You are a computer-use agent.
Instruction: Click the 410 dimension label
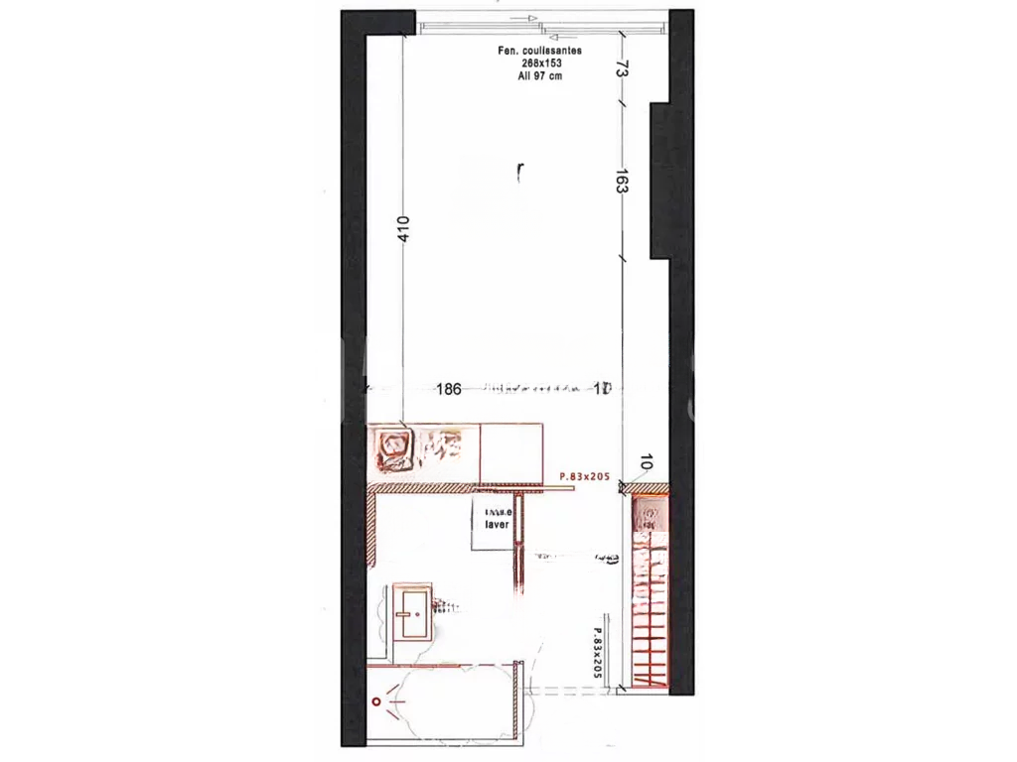click(x=403, y=229)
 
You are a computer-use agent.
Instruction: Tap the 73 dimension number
click(x=621, y=68)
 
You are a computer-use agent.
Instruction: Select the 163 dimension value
click(x=621, y=183)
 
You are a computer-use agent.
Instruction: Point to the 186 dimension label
click(x=450, y=389)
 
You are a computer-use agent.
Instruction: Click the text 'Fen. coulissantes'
click(x=539, y=50)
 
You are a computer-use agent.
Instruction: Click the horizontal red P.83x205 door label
click(x=584, y=477)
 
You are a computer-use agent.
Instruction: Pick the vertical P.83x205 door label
click(x=598, y=651)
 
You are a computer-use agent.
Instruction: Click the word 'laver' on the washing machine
click(x=497, y=525)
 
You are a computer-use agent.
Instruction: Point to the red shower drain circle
click(x=377, y=701)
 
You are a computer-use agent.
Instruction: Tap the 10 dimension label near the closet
click(x=646, y=461)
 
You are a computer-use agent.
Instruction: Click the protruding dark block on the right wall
click(x=663, y=181)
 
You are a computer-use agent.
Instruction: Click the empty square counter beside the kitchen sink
click(x=511, y=451)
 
